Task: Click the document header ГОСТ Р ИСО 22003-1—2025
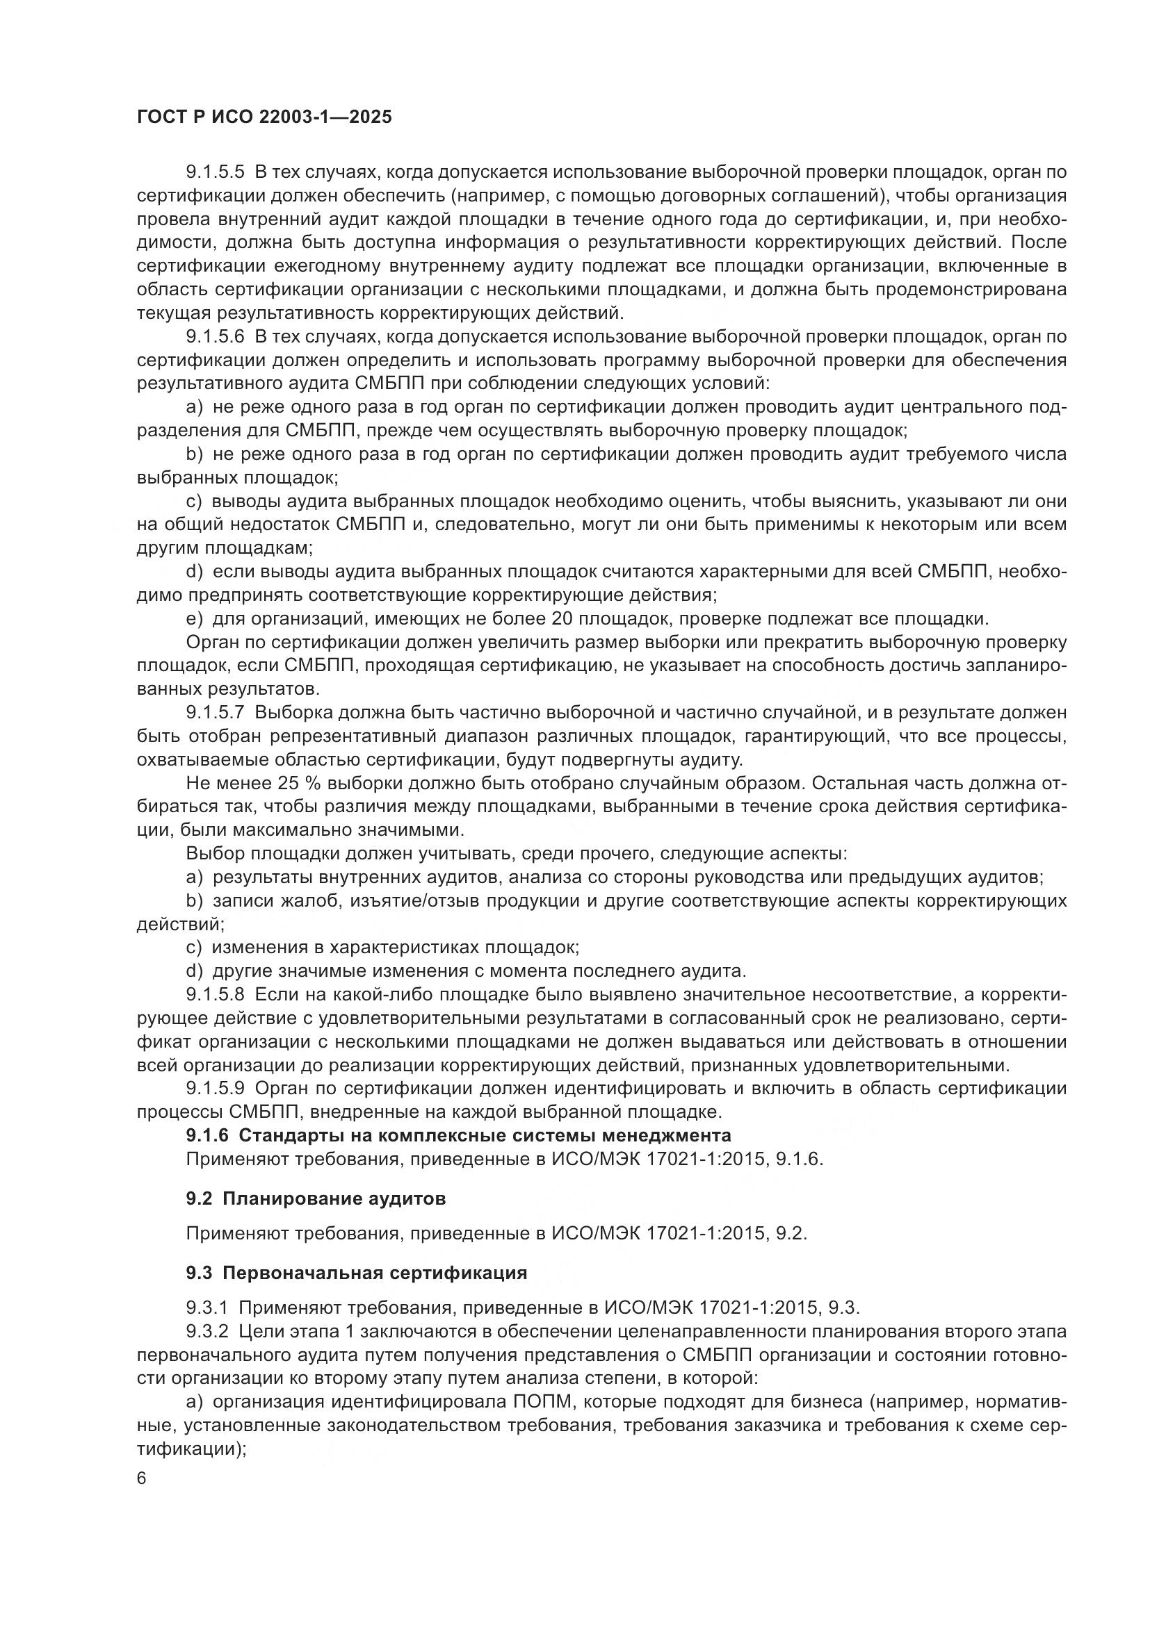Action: (x=264, y=117)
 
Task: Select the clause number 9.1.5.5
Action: (x=216, y=172)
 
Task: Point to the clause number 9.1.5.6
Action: (x=216, y=337)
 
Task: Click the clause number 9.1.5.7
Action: (x=216, y=713)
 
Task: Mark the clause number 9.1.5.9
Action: (x=216, y=1089)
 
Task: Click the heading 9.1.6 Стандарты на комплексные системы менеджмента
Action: (x=458, y=1135)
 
